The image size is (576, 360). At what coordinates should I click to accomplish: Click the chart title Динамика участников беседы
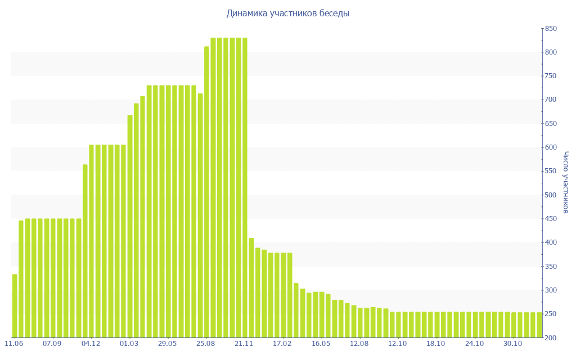click(287, 13)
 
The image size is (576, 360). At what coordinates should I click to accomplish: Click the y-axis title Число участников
click(566, 182)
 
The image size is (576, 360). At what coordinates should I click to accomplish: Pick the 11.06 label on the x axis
click(13, 343)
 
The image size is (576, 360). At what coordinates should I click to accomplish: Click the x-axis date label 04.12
click(91, 343)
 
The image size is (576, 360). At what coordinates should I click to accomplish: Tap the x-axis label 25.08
click(206, 343)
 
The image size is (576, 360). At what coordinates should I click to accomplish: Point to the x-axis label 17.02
click(282, 343)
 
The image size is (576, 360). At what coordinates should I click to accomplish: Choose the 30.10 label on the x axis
click(513, 343)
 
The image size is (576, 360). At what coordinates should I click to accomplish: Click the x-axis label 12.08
click(359, 343)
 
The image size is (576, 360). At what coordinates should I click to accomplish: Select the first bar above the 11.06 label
click(15, 306)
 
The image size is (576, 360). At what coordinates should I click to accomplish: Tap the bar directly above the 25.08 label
click(206, 192)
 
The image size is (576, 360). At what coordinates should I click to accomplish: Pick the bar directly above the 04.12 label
click(92, 241)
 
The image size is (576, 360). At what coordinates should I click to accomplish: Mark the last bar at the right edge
click(539, 325)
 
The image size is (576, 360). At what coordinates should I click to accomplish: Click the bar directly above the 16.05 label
click(321, 315)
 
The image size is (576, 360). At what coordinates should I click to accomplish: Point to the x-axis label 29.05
click(168, 343)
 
